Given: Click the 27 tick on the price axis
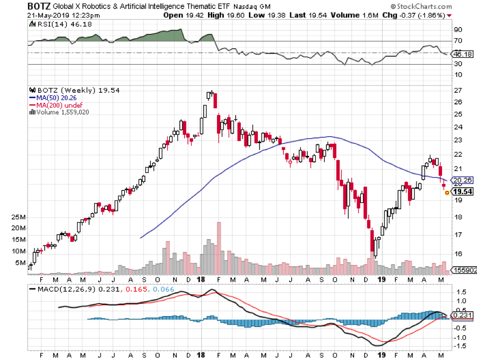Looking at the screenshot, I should [456, 90].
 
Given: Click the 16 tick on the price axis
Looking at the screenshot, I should [456, 253].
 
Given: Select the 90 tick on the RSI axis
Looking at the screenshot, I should [456, 30].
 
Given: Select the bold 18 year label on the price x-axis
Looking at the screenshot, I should [201, 279].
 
